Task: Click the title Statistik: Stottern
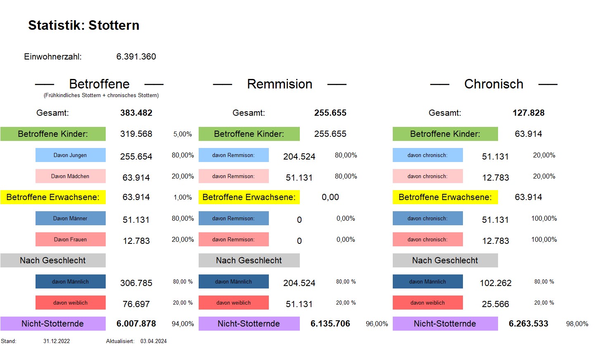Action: point(84,25)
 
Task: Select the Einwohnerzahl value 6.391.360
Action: point(136,57)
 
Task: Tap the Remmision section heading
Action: point(280,84)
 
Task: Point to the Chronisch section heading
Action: point(494,84)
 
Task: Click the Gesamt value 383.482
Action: point(136,113)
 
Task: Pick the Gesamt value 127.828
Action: point(528,113)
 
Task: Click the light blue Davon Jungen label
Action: point(70,155)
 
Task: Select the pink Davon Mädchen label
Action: point(70,176)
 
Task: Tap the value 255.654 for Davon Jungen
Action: point(136,157)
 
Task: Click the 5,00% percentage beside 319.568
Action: point(183,134)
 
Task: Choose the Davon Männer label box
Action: point(70,219)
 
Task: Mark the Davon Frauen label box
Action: point(70,240)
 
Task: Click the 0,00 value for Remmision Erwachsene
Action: point(330,197)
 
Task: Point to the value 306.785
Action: point(136,283)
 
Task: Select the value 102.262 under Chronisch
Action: point(496,283)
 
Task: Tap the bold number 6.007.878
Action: point(136,324)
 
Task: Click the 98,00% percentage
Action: point(577,324)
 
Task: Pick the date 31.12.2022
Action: point(57,341)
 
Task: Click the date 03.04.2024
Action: point(154,341)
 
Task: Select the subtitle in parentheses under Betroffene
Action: point(101,95)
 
